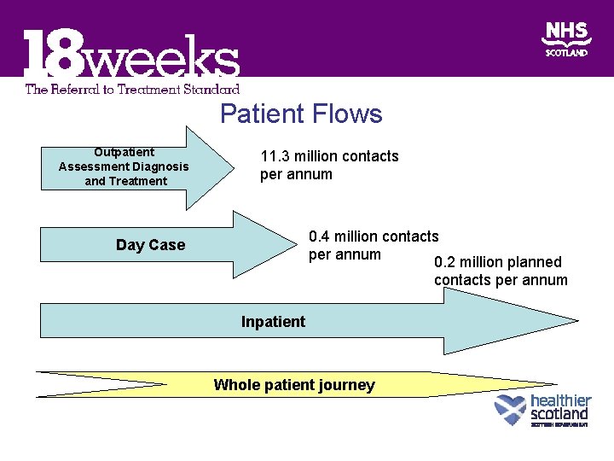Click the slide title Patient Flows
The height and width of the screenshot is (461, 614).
pos(301,114)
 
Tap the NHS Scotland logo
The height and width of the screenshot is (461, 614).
pos(566,39)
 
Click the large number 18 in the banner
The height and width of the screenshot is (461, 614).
pos(53,56)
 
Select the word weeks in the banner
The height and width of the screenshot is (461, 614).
pos(162,59)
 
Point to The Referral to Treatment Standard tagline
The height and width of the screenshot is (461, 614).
pos(132,88)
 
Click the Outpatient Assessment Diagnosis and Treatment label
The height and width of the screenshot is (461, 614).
pos(125,166)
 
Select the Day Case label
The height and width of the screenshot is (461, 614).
pos(150,245)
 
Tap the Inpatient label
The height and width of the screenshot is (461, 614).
pos(273,322)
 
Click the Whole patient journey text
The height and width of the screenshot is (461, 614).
pos(294,385)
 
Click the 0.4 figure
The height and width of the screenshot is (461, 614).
pos(322,236)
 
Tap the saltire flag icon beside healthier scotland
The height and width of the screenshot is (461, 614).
pos(510,410)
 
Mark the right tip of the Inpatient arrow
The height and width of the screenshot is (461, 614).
pos(576,322)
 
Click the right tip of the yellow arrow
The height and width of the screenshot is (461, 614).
pos(556,384)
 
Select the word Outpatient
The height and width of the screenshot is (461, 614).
pos(125,152)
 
